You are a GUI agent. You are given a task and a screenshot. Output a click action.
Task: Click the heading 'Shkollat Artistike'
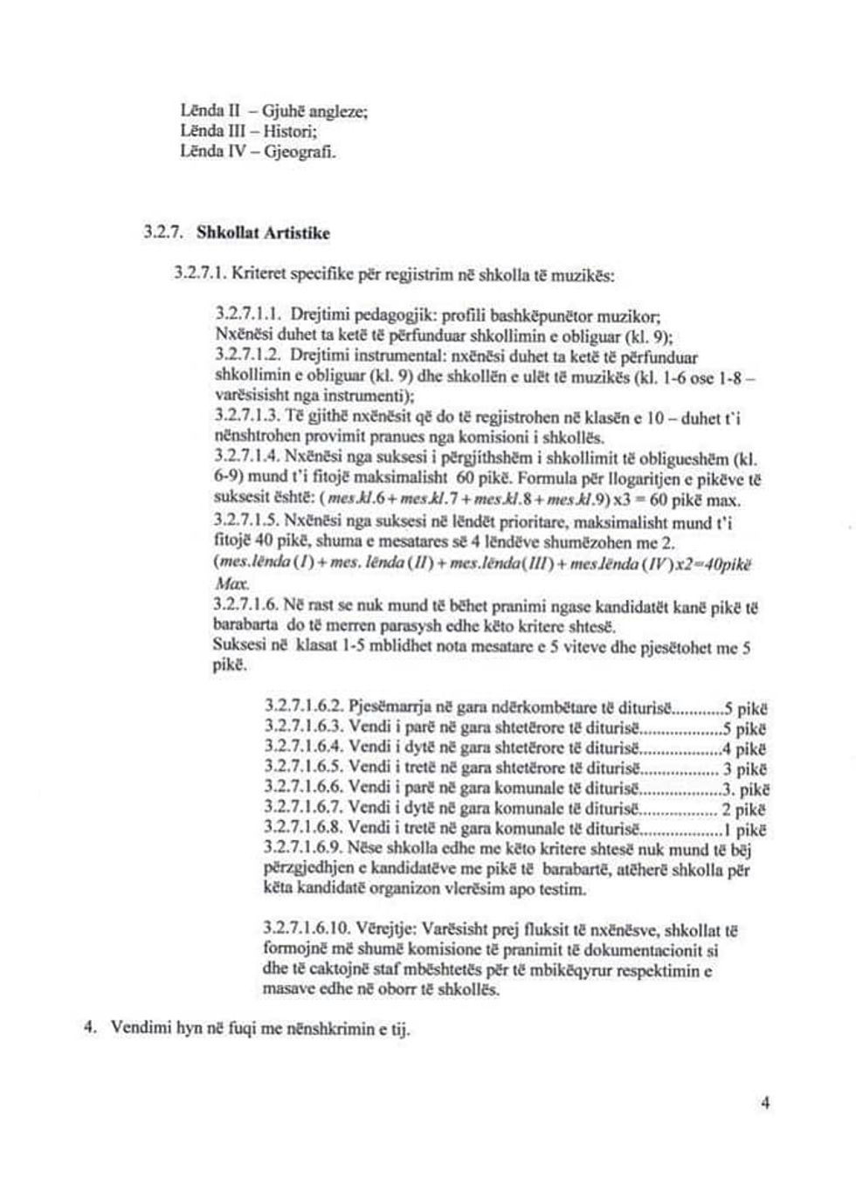pos(263,233)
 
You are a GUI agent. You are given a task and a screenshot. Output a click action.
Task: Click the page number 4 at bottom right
pos(765,1103)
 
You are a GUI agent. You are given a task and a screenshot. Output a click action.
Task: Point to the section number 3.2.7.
pos(162,233)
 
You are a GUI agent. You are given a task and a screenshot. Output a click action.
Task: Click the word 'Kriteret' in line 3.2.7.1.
pos(260,276)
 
